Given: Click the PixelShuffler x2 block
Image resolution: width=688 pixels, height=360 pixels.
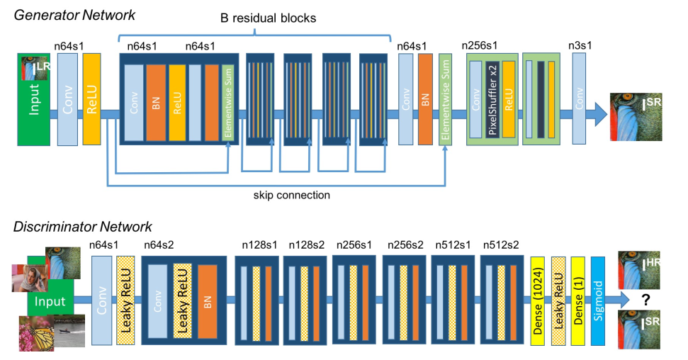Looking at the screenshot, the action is pyautogui.click(x=492, y=99).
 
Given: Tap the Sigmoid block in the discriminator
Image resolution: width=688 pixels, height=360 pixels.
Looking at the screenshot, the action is pyautogui.click(x=597, y=301).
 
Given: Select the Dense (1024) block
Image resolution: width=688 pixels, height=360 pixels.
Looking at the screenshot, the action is pyautogui.click(x=538, y=301).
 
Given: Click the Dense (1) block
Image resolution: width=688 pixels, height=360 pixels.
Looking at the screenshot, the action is pyautogui.click(x=578, y=301).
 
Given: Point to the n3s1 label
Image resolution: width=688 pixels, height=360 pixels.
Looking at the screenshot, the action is pyautogui.click(x=580, y=45).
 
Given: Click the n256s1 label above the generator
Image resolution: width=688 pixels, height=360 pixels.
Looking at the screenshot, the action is pyautogui.click(x=480, y=45).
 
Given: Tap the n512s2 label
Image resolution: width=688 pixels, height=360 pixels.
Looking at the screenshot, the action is pyautogui.click(x=501, y=245).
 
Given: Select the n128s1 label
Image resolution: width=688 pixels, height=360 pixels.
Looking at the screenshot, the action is pyautogui.click(x=259, y=245).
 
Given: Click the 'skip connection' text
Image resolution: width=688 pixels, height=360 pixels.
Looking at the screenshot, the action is pyautogui.click(x=291, y=195).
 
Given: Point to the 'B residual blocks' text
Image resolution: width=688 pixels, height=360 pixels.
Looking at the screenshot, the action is pyautogui.click(x=268, y=18).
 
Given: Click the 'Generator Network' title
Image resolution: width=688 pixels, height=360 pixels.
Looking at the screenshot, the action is pyautogui.click(x=74, y=15).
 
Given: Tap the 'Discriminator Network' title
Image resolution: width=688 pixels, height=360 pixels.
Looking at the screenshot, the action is pyautogui.click(x=82, y=227).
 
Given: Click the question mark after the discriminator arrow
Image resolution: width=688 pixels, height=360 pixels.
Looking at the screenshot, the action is pyautogui.click(x=645, y=300).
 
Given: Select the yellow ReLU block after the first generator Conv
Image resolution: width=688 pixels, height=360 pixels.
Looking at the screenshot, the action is pyautogui.click(x=91, y=99).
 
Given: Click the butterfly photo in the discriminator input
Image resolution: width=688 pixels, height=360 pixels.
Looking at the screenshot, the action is pyautogui.click(x=36, y=333).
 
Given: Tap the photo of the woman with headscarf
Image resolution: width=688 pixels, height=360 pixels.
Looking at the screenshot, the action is pyautogui.click(x=30, y=279).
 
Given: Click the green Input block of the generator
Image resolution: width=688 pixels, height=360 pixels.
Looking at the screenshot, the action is pyautogui.click(x=34, y=99).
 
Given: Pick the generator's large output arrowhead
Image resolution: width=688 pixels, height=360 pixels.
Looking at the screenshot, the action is pyautogui.click(x=601, y=114).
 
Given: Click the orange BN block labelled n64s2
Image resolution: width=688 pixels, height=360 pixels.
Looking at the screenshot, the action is pyautogui.click(x=208, y=302).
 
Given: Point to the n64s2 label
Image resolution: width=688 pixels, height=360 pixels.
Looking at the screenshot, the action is pyautogui.click(x=159, y=245).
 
